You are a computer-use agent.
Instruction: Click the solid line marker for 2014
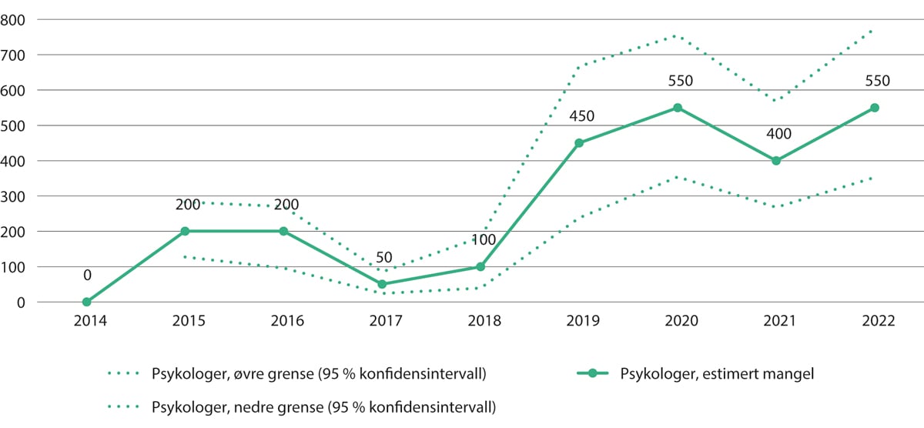tap(86, 302)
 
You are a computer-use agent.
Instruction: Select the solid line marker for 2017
tap(382, 284)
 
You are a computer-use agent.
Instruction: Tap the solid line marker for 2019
tap(579, 142)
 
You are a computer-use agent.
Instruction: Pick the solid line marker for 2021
tap(776, 161)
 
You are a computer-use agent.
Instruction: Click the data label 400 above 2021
tap(776, 135)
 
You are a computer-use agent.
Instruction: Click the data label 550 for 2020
tap(678, 81)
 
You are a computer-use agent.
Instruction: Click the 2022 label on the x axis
tap(875, 322)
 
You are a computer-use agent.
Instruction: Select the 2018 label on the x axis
tap(480, 322)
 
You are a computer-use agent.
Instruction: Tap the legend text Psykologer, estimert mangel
tap(705, 374)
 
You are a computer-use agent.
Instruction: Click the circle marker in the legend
tap(592, 374)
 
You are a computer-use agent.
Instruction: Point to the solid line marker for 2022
tap(875, 108)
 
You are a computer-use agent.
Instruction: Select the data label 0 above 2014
tap(87, 275)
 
